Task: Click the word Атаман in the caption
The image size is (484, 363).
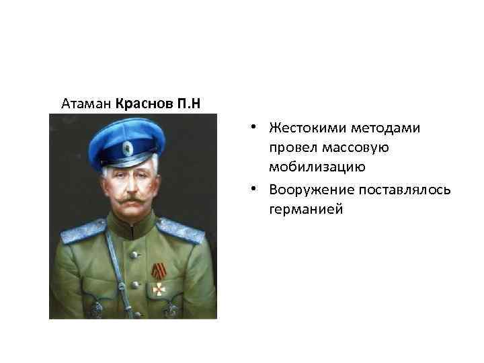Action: coord(86,104)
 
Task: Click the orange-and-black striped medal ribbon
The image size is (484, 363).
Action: coord(159,271)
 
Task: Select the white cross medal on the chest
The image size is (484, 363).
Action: coord(159,288)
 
